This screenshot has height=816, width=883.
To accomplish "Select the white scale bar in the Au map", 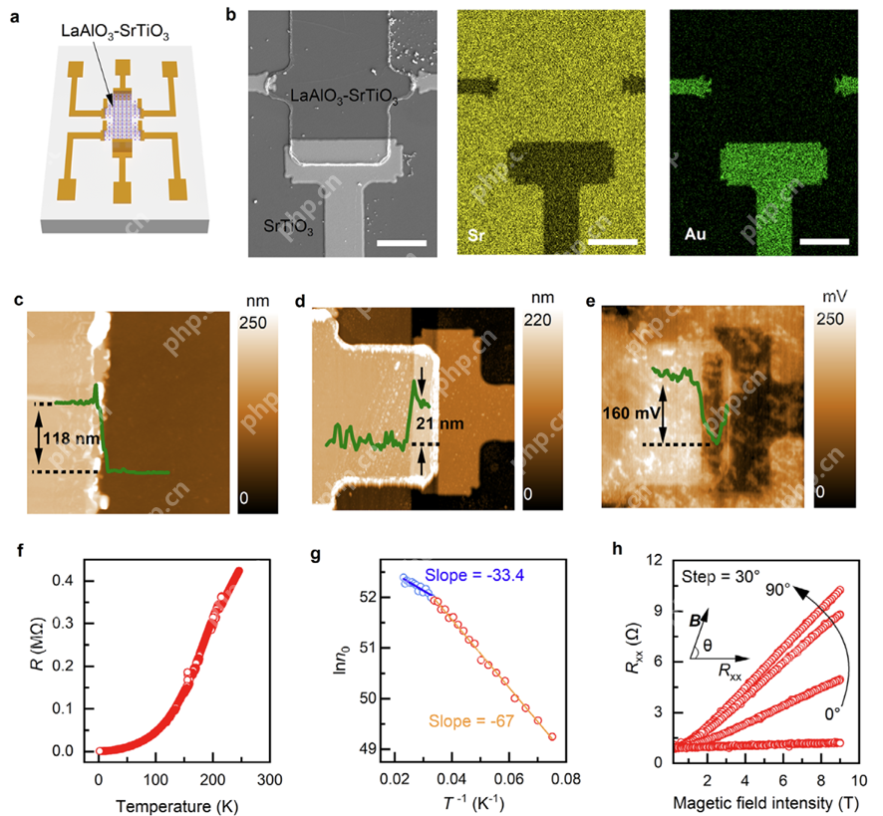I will click(824, 240).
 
